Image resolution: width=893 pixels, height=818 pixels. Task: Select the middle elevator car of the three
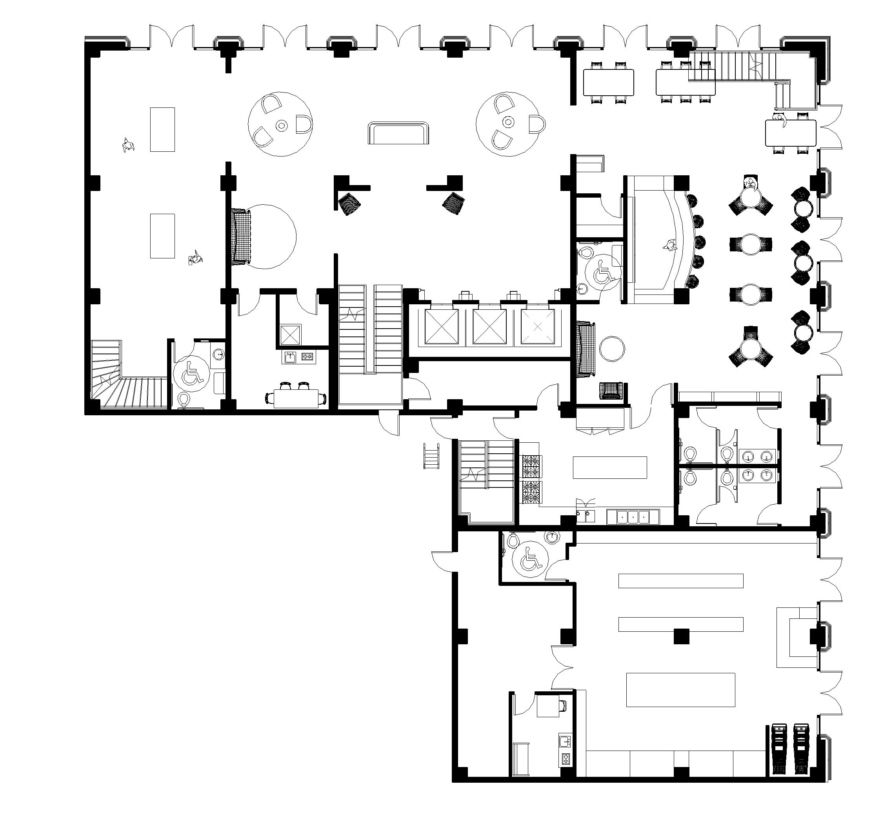pyautogui.click(x=489, y=326)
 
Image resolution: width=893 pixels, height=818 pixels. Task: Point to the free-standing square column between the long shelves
pyautogui.click(x=681, y=636)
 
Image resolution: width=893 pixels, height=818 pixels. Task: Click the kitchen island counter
pyautogui.click(x=609, y=467)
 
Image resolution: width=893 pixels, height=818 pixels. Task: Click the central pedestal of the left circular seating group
pyautogui.click(x=281, y=125)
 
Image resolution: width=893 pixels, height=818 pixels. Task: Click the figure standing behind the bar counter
pyautogui.click(x=668, y=244)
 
